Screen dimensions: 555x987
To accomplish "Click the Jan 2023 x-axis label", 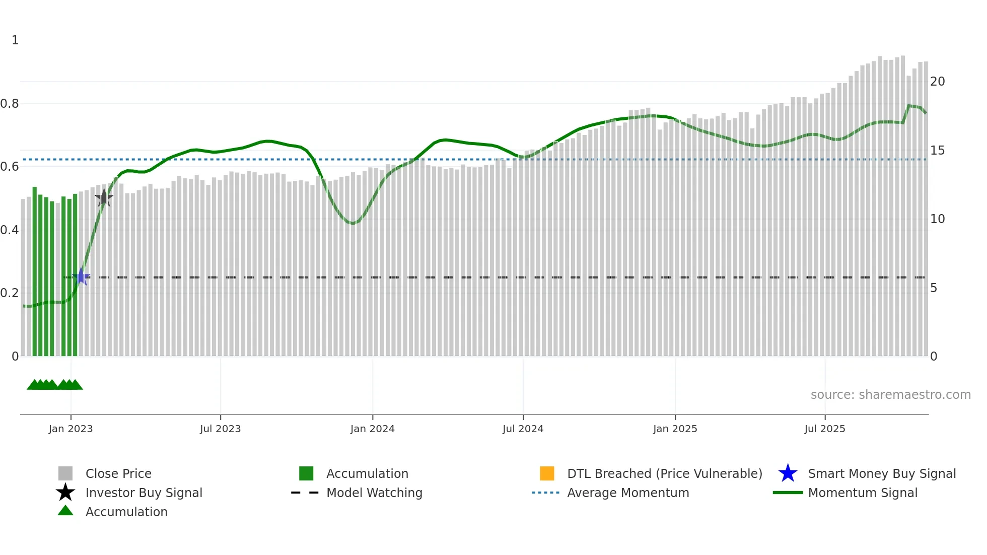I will click(70, 429).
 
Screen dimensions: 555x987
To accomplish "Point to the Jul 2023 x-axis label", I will click(220, 429).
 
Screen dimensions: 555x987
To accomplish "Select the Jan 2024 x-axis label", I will click(372, 429).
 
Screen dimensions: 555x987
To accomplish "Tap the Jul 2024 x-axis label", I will click(523, 429).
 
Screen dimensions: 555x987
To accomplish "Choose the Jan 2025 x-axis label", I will click(675, 429).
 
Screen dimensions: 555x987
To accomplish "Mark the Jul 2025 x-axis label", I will click(824, 429).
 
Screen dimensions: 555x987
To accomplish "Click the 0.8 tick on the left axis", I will click(10, 104).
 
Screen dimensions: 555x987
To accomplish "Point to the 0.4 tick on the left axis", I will click(10, 230).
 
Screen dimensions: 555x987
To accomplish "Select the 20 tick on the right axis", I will click(937, 82).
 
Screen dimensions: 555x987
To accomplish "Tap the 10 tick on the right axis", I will click(937, 219).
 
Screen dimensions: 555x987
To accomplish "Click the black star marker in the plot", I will click(104, 198).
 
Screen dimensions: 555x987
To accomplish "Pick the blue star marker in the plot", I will click(81, 276).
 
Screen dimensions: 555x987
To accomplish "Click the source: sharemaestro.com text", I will click(890, 395).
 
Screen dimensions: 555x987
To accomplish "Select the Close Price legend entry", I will click(118, 473).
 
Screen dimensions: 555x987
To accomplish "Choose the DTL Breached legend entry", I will click(664, 473).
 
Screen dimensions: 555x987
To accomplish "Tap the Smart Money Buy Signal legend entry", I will click(881, 473).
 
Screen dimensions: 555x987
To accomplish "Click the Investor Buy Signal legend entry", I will click(144, 493).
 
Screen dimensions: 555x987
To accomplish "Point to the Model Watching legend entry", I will click(374, 493).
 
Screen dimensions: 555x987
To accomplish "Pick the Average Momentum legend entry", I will click(628, 493).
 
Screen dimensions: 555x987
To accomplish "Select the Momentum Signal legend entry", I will click(863, 493).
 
